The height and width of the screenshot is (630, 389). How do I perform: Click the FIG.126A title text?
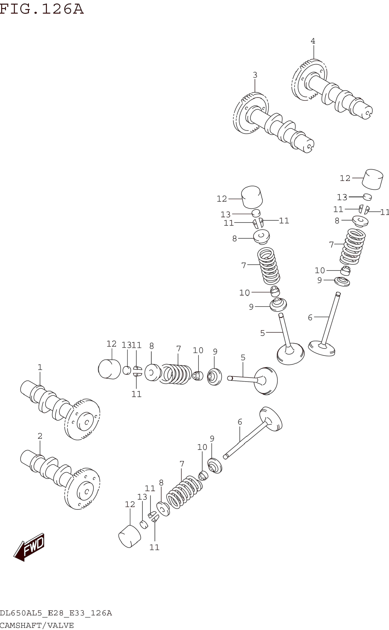pos(42,9)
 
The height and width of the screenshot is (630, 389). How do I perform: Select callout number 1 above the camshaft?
pos(40,367)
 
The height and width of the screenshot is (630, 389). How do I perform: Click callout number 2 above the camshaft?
pos(40,436)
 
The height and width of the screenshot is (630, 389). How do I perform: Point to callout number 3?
pos(255,75)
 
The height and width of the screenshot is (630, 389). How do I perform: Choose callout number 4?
pos(313,41)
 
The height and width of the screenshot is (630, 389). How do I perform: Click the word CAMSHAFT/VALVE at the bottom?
pos(37,625)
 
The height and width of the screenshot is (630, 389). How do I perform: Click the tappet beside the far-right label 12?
pos(373,179)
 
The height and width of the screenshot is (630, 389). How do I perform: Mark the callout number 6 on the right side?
pos(310,318)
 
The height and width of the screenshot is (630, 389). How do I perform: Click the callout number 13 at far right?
pos(342,197)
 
